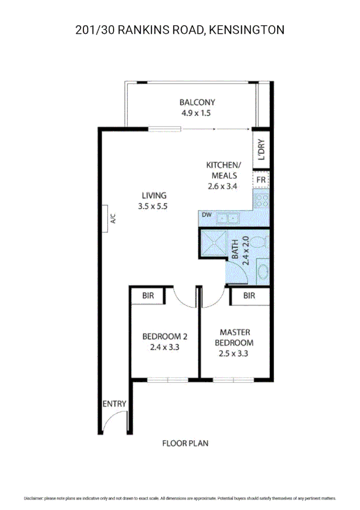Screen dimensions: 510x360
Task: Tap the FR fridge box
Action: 261,180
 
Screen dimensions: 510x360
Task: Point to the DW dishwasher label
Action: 206,215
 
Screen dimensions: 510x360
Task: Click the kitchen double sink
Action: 228,218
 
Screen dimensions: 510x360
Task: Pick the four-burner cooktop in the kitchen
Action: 261,201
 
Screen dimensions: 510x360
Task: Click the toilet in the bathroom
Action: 259,243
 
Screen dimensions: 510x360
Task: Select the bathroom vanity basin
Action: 262,272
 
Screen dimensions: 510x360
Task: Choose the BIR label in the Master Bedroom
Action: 249,296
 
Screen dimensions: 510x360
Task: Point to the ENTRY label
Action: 114,404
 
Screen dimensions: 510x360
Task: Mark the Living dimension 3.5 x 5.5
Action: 153,206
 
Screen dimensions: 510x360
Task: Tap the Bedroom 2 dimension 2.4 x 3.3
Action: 165,347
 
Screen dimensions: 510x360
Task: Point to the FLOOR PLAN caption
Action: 185,443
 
